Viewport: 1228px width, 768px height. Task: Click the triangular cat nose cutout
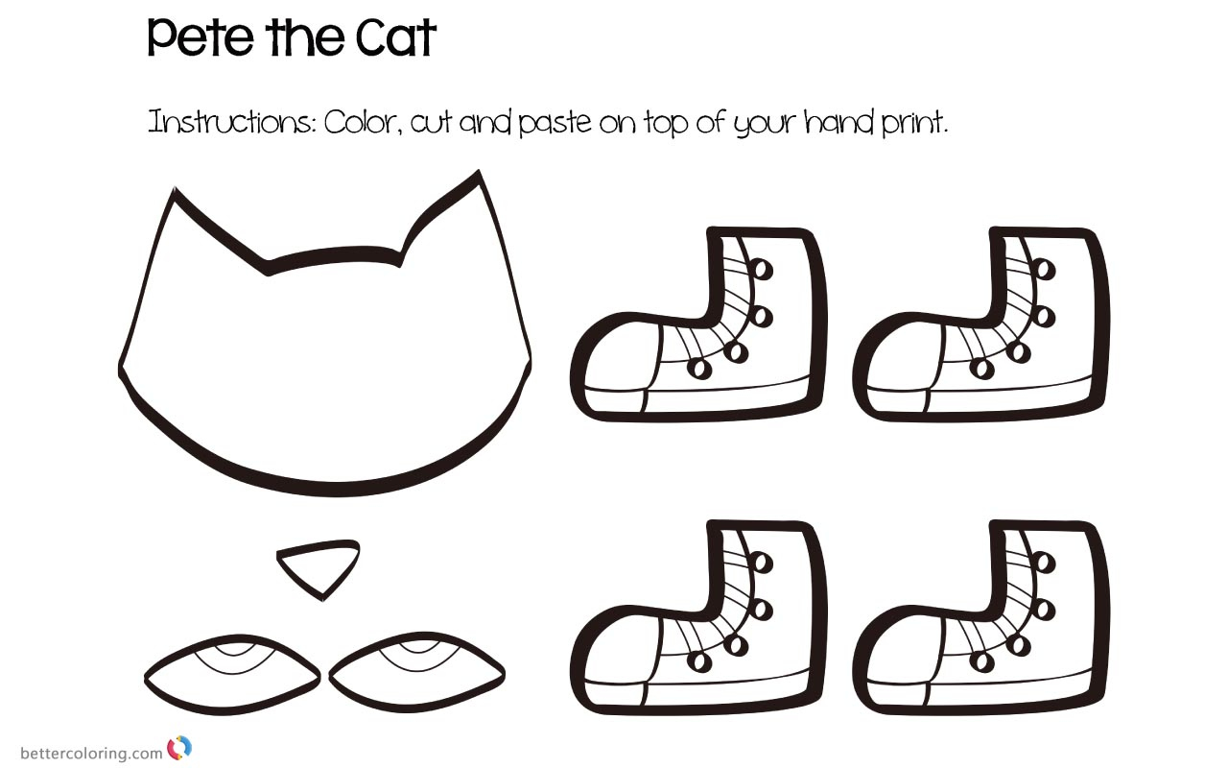(319, 567)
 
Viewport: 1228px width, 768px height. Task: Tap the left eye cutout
(231, 673)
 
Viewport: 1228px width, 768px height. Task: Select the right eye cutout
(416, 673)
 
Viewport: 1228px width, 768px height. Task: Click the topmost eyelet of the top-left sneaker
(763, 270)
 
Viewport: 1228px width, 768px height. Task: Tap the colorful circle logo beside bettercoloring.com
(179, 748)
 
